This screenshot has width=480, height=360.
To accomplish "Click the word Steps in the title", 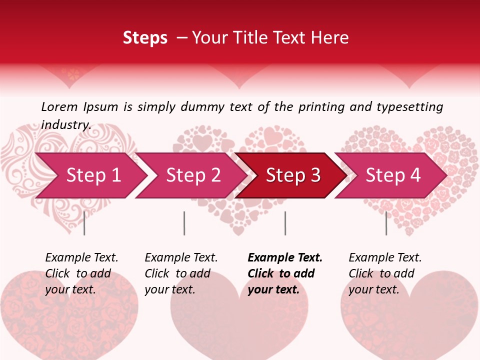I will (x=145, y=37).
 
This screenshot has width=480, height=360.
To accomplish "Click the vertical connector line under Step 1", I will (x=84, y=223).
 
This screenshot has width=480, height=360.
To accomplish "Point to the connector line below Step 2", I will (x=184, y=223).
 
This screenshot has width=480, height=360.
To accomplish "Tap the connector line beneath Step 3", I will (x=285, y=223).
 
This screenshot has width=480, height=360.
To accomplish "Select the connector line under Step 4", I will (x=386, y=223).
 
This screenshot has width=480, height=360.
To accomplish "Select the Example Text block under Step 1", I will (x=81, y=273).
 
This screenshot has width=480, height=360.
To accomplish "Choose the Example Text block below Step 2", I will (x=180, y=273).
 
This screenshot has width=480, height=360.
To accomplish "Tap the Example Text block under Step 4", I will (x=384, y=273).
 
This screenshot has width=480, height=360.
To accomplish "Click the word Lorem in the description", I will (x=59, y=106).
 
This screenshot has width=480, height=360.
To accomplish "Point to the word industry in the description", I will (x=66, y=124).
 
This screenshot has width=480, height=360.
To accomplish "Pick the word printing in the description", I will (x=317, y=107).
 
